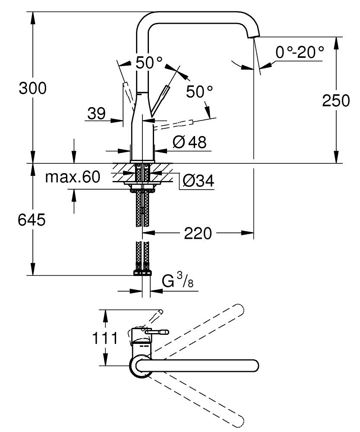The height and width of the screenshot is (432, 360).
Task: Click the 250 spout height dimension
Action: (x=335, y=100)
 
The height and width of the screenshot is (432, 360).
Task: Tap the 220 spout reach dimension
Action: (x=198, y=234)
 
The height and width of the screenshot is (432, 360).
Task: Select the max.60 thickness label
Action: (x=73, y=177)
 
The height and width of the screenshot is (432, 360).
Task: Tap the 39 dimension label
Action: (x=96, y=114)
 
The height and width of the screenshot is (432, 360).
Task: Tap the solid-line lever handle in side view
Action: (x=160, y=101)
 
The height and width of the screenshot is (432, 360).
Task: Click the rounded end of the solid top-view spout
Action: (x=254, y=365)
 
